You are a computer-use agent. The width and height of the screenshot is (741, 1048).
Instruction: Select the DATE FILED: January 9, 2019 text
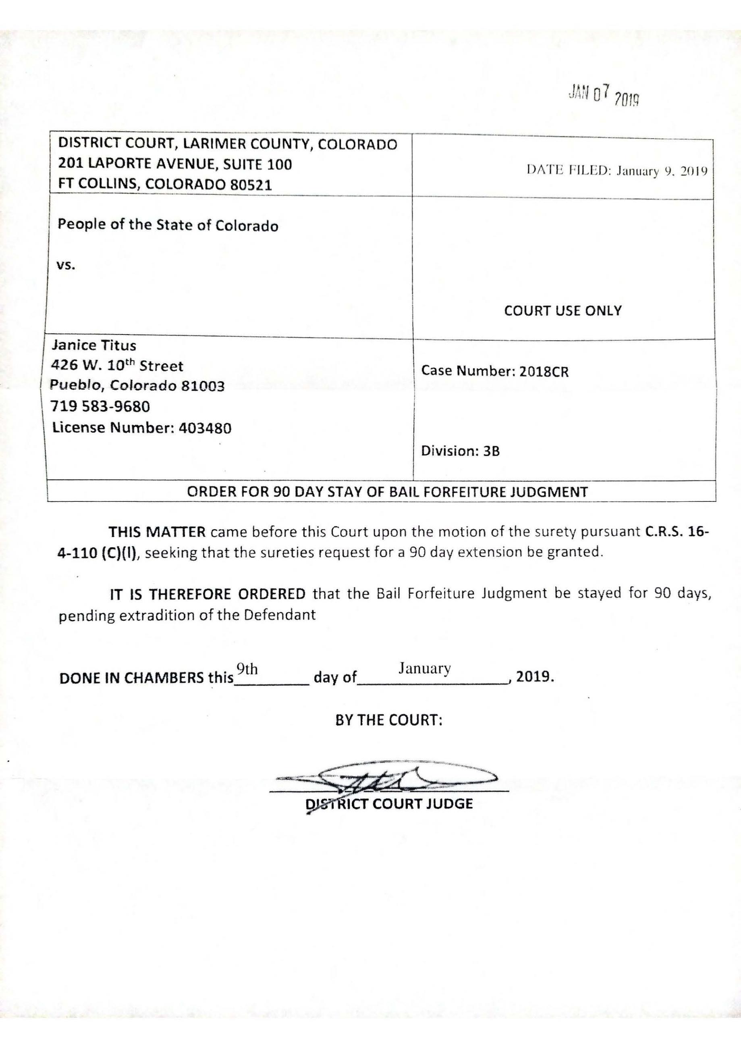(x=617, y=171)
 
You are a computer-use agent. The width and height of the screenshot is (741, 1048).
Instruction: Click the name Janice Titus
(x=94, y=345)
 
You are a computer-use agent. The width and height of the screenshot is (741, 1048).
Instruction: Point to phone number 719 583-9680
(x=101, y=406)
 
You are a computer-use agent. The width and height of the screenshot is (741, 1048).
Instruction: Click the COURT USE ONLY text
(x=562, y=311)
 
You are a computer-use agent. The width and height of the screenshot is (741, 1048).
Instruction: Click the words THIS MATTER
(x=158, y=532)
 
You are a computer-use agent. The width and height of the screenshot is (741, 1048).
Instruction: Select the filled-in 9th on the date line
(x=247, y=669)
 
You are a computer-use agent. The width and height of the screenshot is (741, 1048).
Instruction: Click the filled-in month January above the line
(x=424, y=668)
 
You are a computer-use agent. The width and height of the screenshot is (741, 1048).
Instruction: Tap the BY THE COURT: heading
(x=389, y=720)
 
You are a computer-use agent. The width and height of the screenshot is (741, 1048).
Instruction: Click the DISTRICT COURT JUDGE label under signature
(x=389, y=804)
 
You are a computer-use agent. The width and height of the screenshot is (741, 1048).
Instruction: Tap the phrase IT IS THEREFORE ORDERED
(x=207, y=594)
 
